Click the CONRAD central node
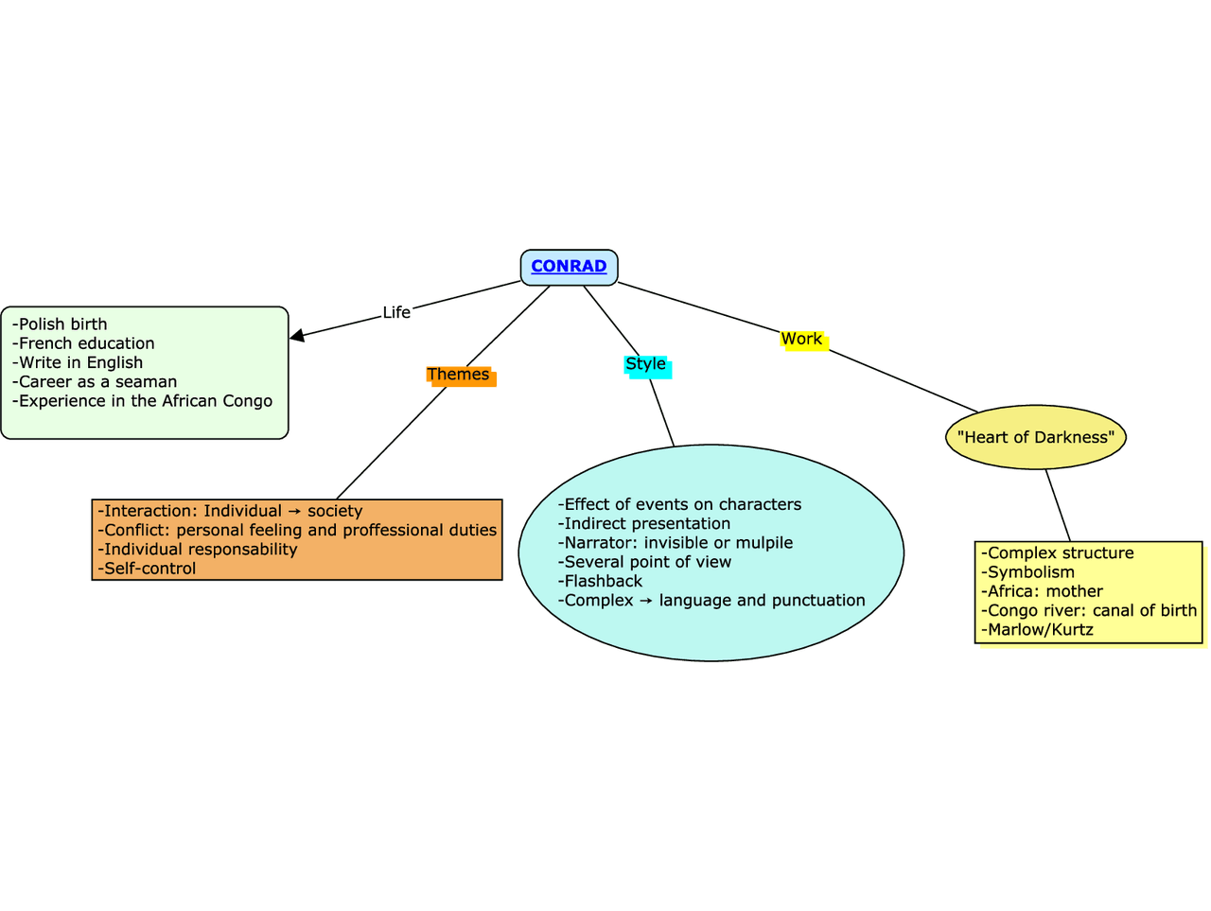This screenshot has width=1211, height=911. [569, 267]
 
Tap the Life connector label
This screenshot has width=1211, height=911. [396, 312]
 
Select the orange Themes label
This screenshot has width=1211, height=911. [458, 375]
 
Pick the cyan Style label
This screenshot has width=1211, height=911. [646, 364]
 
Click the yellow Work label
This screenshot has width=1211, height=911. [801, 339]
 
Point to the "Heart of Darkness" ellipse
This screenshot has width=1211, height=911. [1036, 437]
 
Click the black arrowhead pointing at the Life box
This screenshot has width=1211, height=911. [297, 335]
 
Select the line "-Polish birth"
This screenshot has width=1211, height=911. [60, 324]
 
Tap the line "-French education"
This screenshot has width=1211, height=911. [83, 343]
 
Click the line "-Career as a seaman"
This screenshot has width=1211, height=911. [95, 382]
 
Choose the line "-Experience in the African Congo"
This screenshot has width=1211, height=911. [142, 401]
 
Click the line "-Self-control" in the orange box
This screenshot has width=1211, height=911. [147, 569]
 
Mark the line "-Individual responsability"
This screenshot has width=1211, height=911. [197, 550]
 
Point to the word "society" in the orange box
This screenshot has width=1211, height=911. [335, 511]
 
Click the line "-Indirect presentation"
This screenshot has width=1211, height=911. [644, 524]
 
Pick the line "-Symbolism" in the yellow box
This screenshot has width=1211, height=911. [1027, 572]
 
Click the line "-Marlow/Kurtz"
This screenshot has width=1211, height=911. [1037, 630]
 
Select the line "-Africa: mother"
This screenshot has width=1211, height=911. [1042, 591]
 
